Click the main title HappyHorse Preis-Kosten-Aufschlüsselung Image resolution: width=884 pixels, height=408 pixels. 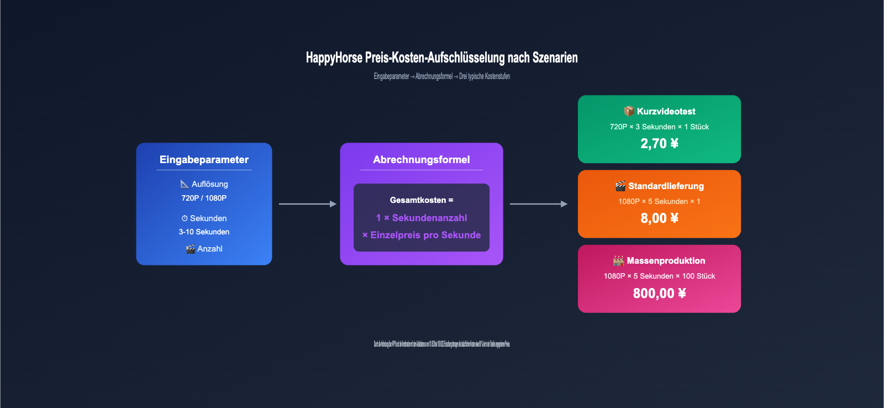[x=441, y=57]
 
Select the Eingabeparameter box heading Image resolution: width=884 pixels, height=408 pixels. [x=204, y=160]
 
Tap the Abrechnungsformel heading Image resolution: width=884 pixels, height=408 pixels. [x=421, y=160]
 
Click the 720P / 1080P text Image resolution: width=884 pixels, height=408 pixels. [x=204, y=198]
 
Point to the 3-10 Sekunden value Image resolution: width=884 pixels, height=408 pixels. [x=204, y=232]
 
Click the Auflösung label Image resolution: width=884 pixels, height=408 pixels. [x=209, y=184]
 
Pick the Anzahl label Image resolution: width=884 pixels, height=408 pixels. [x=209, y=249]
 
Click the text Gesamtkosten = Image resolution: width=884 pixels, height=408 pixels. [x=421, y=200]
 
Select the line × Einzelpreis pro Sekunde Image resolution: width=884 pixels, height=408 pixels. [x=421, y=235]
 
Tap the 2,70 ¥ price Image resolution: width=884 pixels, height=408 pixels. [x=659, y=144]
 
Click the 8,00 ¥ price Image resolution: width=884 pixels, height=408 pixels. [x=659, y=218]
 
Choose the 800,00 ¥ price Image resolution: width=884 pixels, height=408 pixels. [x=659, y=293]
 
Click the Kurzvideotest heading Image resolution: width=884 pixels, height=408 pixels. [x=666, y=112]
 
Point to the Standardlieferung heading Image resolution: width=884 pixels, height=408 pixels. [x=666, y=186]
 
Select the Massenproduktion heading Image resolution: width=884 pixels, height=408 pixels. [x=666, y=261]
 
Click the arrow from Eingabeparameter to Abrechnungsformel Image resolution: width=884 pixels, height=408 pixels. [x=307, y=204]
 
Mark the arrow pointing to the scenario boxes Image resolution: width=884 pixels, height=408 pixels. [x=538, y=204]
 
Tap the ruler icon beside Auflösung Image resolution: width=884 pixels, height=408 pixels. [x=185, y=184]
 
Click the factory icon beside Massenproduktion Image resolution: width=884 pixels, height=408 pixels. [x=618, y=260]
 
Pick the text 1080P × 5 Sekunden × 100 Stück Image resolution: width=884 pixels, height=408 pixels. [x=659, y=276]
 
